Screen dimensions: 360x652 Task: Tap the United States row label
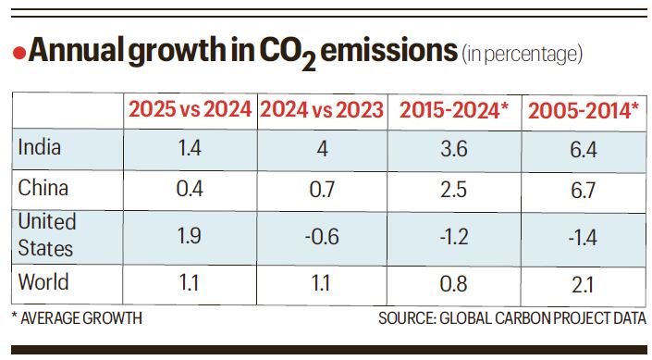(47, 235)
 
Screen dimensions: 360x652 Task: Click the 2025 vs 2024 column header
(190, 110)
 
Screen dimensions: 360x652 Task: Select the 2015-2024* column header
(453, 110)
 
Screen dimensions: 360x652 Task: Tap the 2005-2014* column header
(583, 110)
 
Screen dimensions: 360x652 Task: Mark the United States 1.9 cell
(190, 237)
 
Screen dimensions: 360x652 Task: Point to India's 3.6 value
(453, 147)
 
